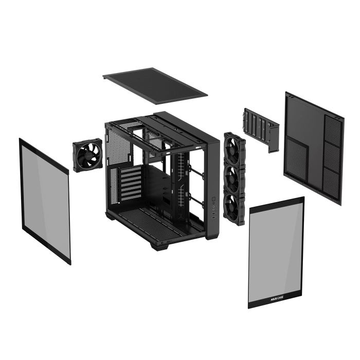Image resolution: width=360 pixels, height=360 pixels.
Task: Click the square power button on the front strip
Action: [x=213, y=196]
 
